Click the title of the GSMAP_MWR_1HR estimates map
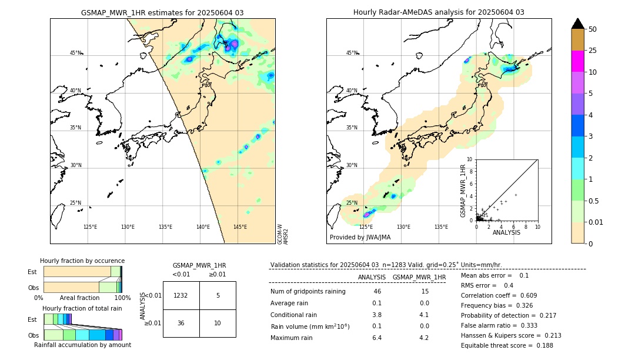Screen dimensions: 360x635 point(162,12)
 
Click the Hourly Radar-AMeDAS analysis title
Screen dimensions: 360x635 point(439,12)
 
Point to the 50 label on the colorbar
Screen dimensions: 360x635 point(593,29)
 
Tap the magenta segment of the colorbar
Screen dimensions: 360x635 point(577,61)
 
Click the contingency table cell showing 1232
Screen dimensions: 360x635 point(181,295)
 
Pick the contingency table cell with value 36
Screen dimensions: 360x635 point(181,323)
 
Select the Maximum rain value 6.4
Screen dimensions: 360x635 point(377,338)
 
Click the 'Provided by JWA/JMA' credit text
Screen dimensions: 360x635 point(360,238)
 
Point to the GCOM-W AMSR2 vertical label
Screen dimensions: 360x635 point(283,234)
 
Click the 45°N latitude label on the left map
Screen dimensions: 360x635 point(75,53)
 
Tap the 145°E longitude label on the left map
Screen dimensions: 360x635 point(240,227)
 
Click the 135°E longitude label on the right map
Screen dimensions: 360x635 point(441,227)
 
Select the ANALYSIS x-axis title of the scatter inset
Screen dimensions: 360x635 point(506,232)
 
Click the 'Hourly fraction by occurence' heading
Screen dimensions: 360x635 point(82,261)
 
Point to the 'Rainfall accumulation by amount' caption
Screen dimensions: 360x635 point(82,345)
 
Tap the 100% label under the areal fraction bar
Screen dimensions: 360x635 point(122,298)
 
